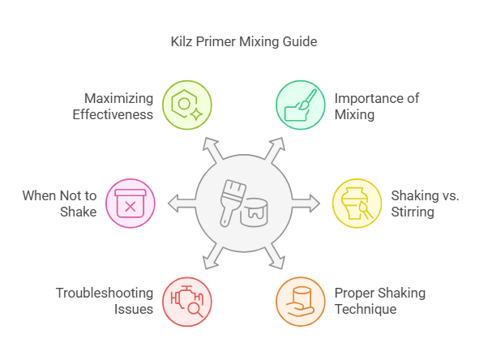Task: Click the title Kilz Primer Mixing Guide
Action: (x=244, y=41)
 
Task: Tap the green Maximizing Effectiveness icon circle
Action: (x=187, y=105)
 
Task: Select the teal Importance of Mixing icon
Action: (x=301, y=105)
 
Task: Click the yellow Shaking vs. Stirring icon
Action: (x=357, y=204)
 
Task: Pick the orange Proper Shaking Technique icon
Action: (x=301, y=302)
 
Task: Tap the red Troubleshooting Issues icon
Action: (x=187, y=302)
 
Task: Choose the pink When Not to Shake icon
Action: (x=131, y=204)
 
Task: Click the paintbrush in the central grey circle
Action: (x=232, y=203)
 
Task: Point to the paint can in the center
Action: (x=255, y=212)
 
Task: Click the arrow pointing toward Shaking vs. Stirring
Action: (x=306, y=204)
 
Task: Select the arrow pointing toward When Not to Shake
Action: (x=182, y=204)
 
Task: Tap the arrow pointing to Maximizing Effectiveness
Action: (x=213, y=150)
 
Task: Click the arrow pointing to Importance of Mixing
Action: (x=275, y=150)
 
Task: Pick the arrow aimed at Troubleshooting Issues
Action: (x=213, y=256)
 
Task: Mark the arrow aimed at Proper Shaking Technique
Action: (x=275, y=256)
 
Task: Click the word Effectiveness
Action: (x=113, y=114)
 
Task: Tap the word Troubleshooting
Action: (x=105, y=294)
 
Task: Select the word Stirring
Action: (x=413, y=212)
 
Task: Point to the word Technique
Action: (x=366, y=310)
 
